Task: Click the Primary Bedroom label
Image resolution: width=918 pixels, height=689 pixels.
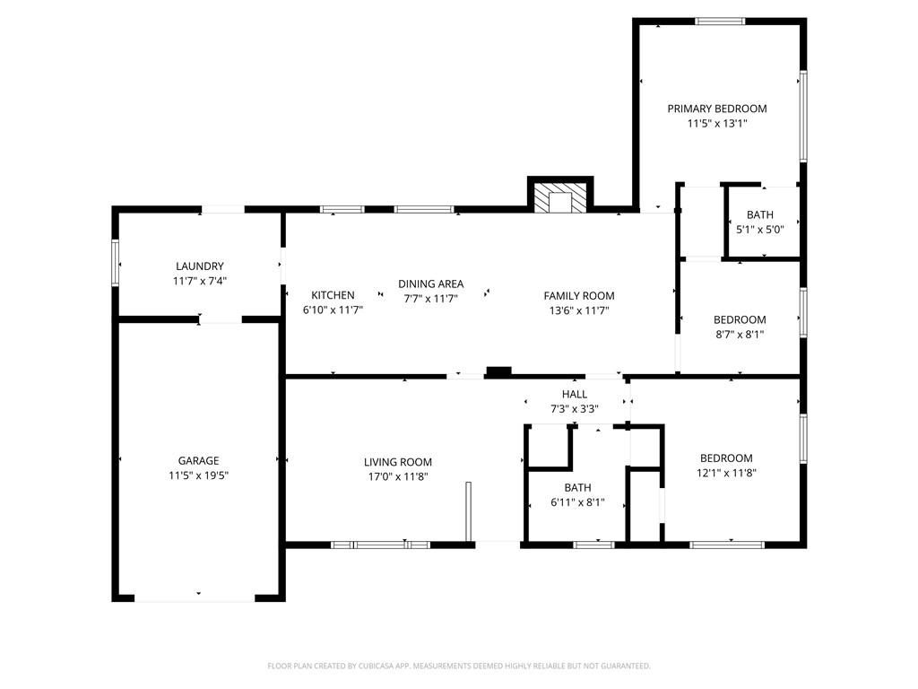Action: click(717, 109)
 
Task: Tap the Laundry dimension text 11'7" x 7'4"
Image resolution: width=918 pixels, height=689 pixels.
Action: click(200, 281)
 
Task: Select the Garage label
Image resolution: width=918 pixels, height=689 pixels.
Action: click(198, 460)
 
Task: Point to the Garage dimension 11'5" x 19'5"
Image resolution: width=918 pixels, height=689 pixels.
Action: click(198, 475)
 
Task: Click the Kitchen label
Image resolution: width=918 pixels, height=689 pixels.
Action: click(333, 294)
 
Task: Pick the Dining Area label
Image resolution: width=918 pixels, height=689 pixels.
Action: click(431, 283)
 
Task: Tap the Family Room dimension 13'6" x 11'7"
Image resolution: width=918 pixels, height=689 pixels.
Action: click(579, 310)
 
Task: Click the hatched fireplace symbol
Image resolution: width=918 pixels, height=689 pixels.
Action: click(560, 198)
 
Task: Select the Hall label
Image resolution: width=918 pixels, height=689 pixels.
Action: click(575, 394)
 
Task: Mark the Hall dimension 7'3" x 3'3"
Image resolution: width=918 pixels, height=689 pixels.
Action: click(575, 409)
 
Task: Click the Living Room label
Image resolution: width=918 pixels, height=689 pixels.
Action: click(398, 462)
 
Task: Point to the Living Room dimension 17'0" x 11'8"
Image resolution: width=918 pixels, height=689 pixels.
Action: click(398, 476)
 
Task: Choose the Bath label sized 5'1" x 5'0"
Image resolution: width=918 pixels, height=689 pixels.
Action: click(760, 214)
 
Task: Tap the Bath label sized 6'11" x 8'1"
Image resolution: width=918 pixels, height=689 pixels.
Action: click(578, 487)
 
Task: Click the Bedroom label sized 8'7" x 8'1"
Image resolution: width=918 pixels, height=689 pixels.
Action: click(740, 319)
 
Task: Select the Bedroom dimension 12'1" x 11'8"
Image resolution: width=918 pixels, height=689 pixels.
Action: click(726, 473)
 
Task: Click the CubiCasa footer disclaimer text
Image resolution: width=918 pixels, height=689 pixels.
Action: click(459, 666)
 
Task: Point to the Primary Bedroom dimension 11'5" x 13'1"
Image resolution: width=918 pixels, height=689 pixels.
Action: click(717, 123)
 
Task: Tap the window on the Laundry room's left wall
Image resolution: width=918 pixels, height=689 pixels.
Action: click(116, 263)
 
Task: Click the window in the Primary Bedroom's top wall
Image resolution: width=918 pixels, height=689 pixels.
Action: click(720, 22)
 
